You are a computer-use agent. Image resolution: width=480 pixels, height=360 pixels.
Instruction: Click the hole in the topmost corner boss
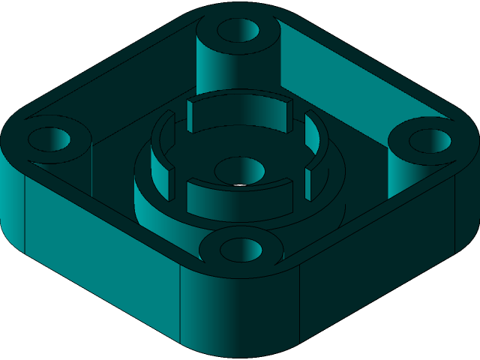[x=238, y=31]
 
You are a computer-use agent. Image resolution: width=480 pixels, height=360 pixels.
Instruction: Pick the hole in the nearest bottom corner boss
[x=240, y=249]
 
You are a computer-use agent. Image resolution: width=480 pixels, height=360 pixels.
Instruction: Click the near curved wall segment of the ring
[x=238, y=196]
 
